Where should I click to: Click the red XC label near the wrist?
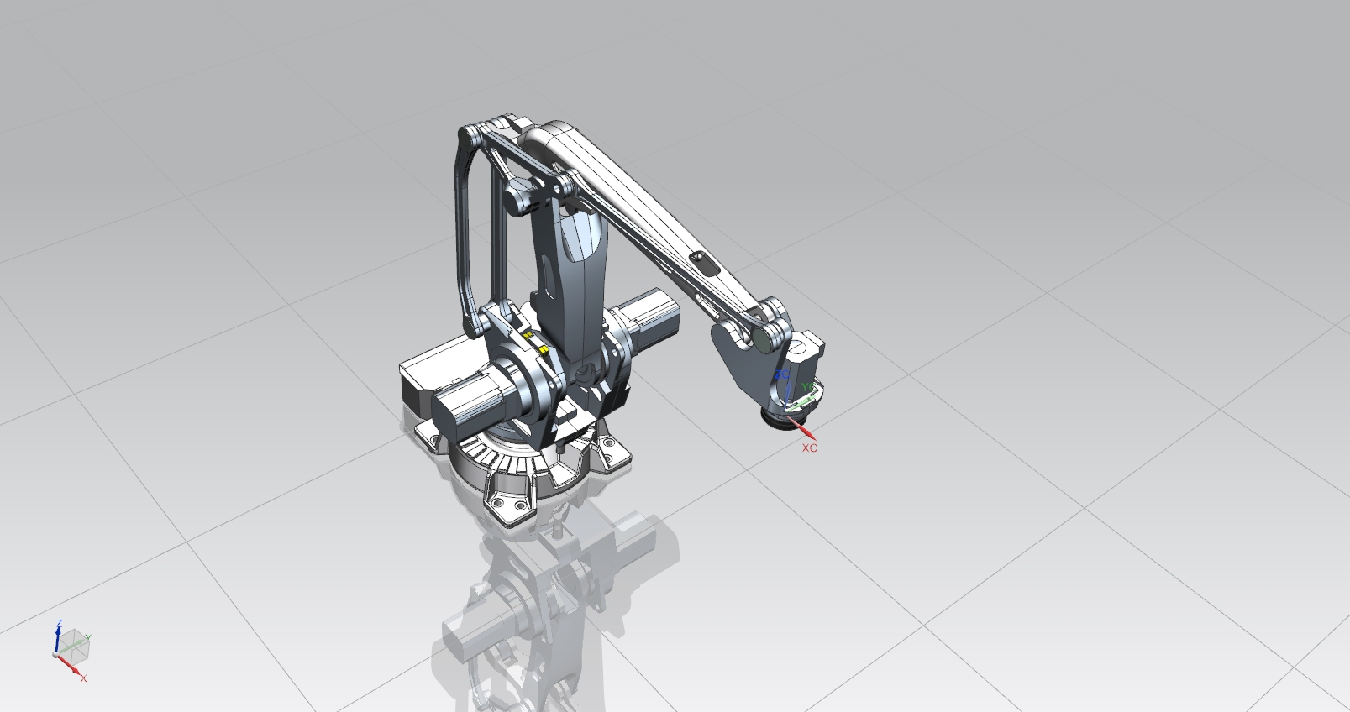click(x=809, y=448)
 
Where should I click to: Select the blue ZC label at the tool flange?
click(x=781, y=374)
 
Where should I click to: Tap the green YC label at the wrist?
click(x=807, y=387)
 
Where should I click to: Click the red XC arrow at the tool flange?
click(x=805, y=429)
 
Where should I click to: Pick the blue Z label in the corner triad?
click(x=59, y=623)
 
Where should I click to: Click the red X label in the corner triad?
click(x=83, y=678)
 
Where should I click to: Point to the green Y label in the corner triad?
click(x=88, y=638)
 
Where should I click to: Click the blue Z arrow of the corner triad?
click(x=58, y=640)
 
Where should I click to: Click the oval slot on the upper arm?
click(x=703, y=263)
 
